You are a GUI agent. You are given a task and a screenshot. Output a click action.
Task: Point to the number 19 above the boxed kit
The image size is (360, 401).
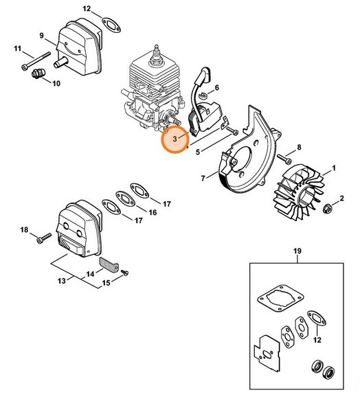296,252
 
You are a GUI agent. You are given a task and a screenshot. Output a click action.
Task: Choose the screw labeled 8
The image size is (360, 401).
283,159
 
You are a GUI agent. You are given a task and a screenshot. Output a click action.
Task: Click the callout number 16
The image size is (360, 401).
153,213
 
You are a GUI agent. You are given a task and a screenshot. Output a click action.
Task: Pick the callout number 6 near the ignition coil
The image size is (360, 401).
216,88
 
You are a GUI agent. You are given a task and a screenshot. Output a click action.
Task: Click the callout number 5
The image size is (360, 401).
198,152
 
